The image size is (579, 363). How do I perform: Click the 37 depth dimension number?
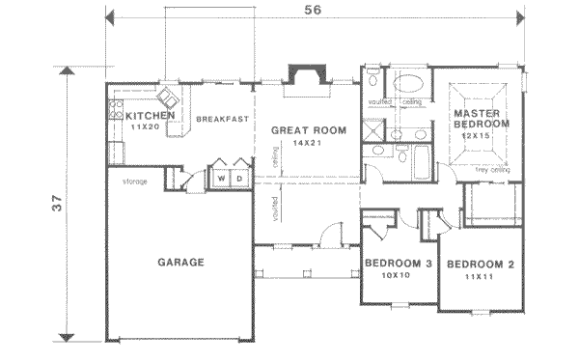(x=45, y=205)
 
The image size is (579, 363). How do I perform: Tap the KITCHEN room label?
(x=151, y=116)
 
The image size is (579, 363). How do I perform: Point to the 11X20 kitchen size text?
(x=145, y=126)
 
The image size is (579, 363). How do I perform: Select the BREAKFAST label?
(x=222, y=119)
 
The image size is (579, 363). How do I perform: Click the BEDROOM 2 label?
(x=479, y=264)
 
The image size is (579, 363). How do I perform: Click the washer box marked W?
(x=221, y=178)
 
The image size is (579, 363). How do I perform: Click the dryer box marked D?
(x=238, y=178)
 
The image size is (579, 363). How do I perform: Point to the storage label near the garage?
(x=134, y=181)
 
